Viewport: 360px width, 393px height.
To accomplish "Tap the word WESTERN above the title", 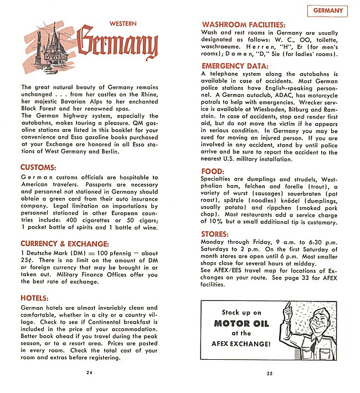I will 123,24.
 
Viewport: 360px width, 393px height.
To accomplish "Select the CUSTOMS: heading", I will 38,167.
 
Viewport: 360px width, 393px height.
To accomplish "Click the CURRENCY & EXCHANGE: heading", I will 64,243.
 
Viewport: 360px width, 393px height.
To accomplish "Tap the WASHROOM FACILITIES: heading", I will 243,25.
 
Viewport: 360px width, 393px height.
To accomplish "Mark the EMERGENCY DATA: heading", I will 235,66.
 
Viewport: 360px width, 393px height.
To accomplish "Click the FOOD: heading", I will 212,171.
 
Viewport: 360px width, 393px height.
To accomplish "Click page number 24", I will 89,372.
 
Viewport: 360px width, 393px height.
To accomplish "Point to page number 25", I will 270,373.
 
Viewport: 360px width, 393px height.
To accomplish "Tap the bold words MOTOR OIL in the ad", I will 239,323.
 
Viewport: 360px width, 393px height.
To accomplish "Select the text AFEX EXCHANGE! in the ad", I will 241,344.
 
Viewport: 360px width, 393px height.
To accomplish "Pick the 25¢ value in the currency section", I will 27,261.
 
